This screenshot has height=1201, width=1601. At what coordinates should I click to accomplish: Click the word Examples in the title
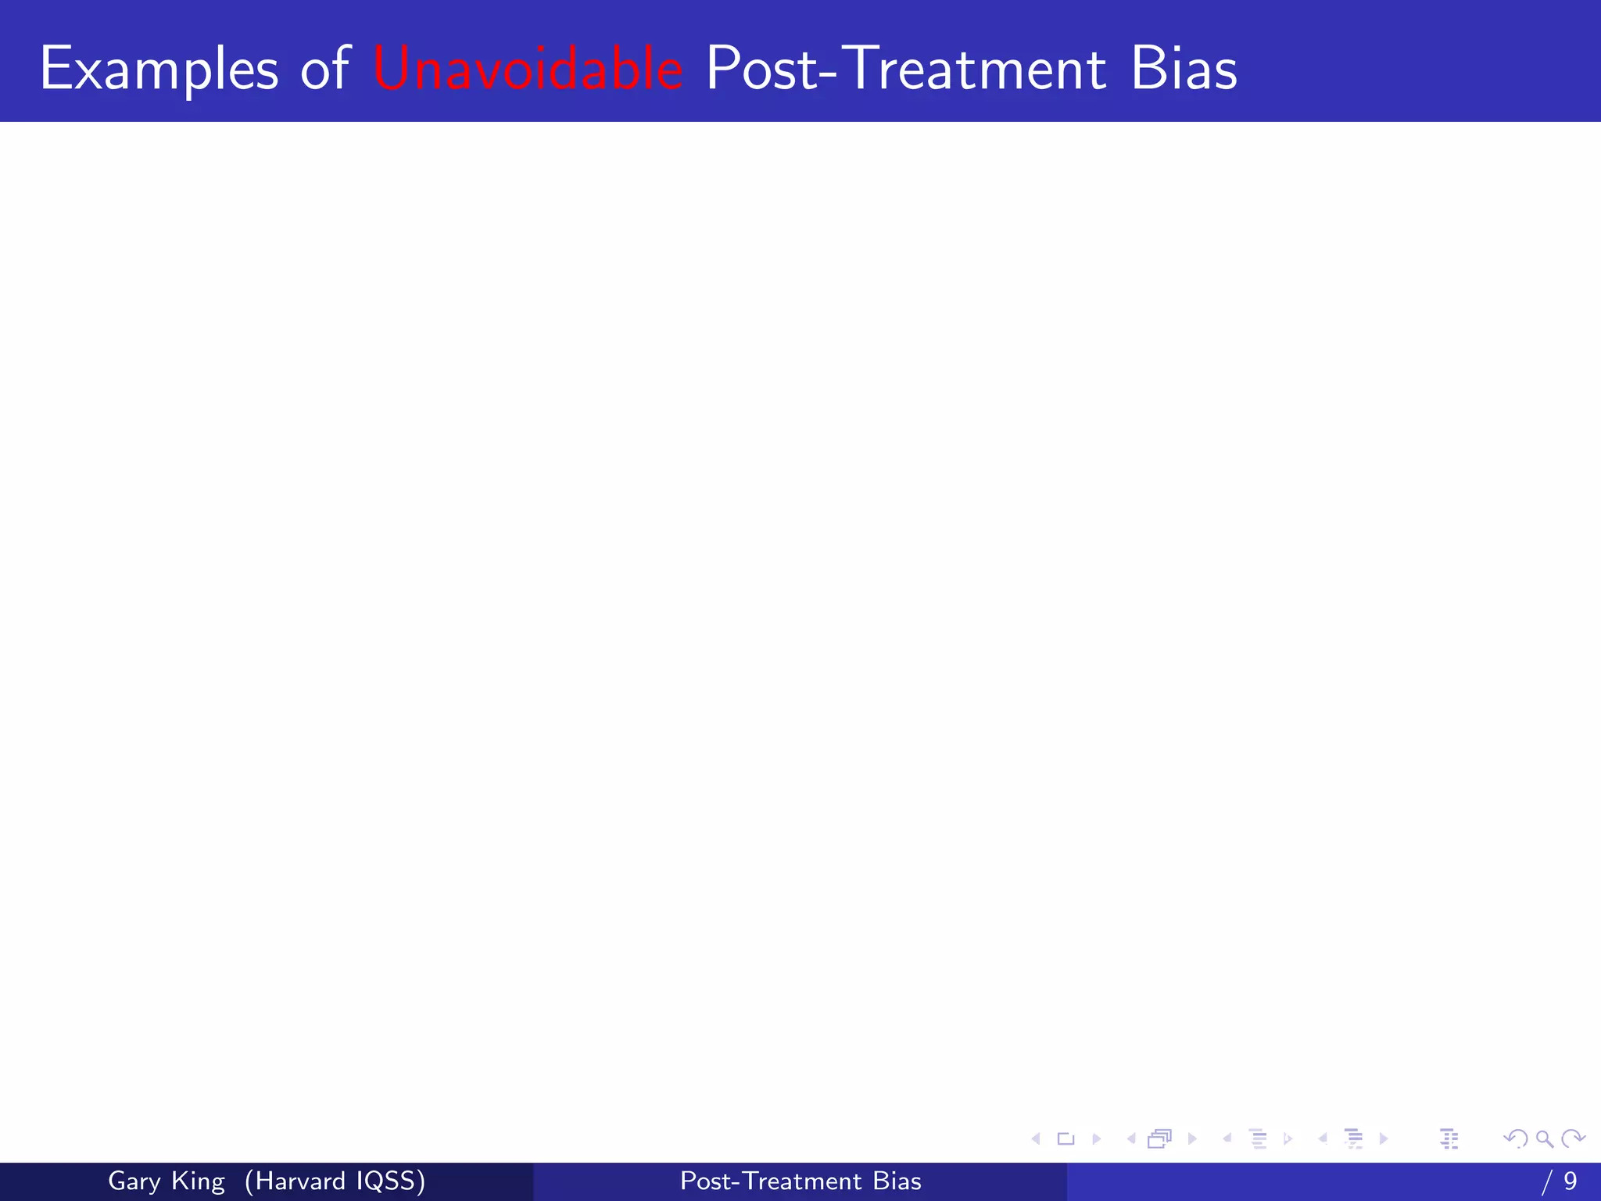click(x=159, y=69)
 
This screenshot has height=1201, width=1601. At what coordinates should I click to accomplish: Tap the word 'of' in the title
click(x=325, y=69)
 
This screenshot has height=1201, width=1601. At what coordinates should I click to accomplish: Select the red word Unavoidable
click(x=528, y=69)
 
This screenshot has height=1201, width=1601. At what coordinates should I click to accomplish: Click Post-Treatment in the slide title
click(x=906, y=69)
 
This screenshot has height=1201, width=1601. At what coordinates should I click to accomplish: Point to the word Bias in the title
click(x=1184, y=69)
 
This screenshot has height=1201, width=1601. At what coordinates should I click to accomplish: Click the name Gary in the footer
click(x=134, y=1181)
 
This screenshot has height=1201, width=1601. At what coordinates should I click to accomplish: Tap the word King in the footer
click(x=198, y=1181)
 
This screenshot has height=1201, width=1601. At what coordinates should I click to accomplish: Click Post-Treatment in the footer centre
click(x=770, y=1181)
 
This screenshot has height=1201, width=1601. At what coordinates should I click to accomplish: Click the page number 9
click(x=1570, y=1181)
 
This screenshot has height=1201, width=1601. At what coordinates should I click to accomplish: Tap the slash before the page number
click(x=1546, y=1181)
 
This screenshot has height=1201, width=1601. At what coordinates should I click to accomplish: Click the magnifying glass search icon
click(x=1544, y=1139)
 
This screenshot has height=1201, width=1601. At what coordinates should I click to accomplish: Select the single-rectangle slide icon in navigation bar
click(x=1066, y=1139)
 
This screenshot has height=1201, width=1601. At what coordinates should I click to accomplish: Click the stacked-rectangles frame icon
click(x=1159, y=1139)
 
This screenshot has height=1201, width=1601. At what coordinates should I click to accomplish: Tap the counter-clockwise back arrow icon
click(x=1515, y=1139)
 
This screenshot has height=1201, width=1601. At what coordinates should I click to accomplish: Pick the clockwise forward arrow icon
click(x=1573, y=1139)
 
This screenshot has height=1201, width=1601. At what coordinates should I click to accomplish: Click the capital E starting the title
click(x=56, y=69)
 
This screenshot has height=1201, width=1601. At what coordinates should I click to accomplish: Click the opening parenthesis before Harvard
click(x=249, y=1181)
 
